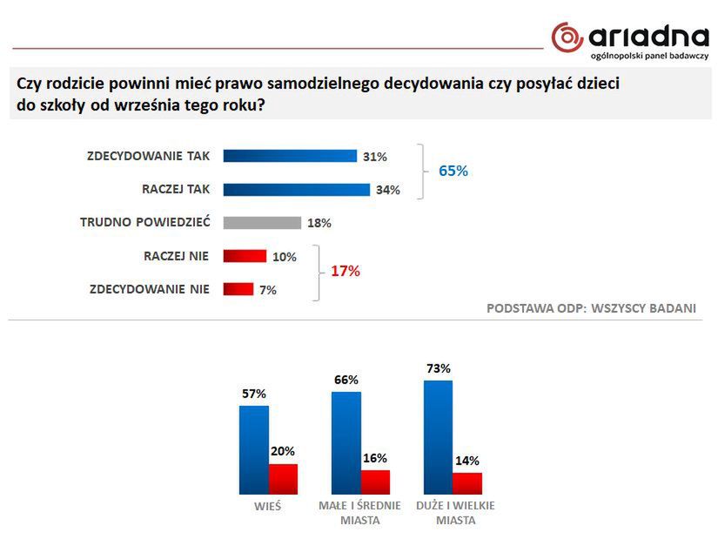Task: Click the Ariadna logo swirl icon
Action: coord(567,37)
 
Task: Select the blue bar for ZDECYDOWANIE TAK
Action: coord(290,156)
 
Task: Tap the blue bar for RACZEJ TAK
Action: coord(297,189)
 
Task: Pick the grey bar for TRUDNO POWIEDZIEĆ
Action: coord(262,222)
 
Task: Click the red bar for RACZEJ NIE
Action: coord(245,256)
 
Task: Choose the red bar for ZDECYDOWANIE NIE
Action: coord(238,289)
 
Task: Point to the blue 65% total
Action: coord(453,172)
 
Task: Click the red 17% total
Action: coord(345,272)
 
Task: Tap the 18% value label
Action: coord(319,223)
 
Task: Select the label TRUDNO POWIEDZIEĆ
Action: coord(145,222)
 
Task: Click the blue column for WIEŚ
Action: coord(253,450)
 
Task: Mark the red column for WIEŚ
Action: coord(283,479)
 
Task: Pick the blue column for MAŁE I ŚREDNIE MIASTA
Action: coord(346,443)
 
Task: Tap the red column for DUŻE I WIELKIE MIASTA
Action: coord(466,483)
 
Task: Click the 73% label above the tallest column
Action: coord(438,368)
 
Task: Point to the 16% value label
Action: coord(375,458)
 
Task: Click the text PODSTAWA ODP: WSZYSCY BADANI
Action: coord(591,308)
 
